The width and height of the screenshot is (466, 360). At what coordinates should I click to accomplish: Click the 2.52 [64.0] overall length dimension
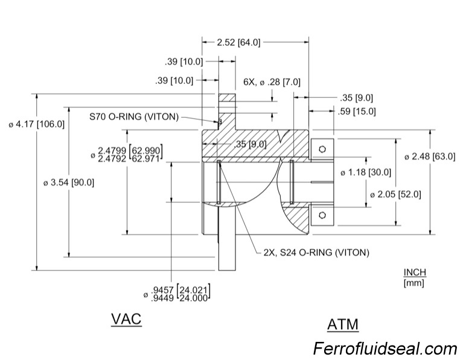(240, 42)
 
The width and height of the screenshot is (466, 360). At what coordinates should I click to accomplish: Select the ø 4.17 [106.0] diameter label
(36, 124)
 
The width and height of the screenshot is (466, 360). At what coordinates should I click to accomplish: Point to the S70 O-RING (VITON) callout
(133, 117)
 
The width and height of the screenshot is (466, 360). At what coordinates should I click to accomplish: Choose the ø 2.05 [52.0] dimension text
(396, 194)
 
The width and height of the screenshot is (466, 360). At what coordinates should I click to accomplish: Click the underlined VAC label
(126, 319)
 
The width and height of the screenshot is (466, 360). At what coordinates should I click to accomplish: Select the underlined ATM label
(342, 324)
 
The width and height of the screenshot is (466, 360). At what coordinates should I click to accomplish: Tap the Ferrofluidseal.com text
(385, 349)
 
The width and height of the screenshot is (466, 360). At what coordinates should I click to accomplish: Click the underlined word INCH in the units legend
(415, 272)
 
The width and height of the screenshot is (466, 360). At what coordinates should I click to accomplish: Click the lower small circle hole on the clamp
(322, 215)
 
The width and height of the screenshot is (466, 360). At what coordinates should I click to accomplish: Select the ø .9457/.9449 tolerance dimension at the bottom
(180, 293)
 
